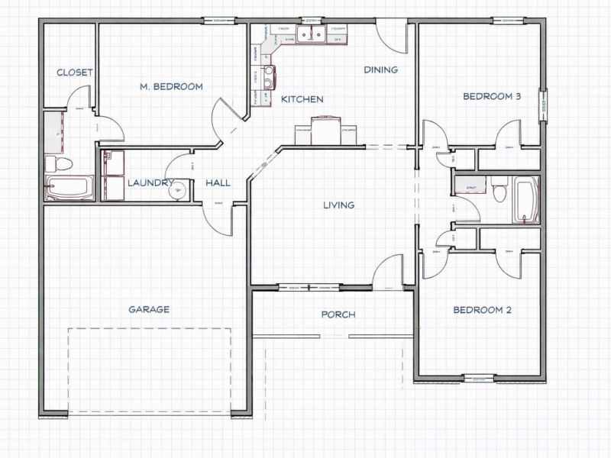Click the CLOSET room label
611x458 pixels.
[75, 73]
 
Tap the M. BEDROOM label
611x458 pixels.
[171, 87]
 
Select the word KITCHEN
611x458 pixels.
[302, 100]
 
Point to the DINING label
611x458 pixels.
[380, 70]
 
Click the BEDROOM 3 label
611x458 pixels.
[493, 97]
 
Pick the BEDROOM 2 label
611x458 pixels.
[482, 310]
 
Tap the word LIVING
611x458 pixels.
[339, 205]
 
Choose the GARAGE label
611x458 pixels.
[149, 310]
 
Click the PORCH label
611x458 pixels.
[338, 314]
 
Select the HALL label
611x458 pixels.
[218, 183]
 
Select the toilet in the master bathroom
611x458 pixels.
[59, 163]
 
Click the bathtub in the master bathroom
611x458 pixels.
[70, 189]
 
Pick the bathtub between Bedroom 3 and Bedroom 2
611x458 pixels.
[526, 200]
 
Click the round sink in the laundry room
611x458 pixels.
[176, 190]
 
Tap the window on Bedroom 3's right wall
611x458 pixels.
[543, 105]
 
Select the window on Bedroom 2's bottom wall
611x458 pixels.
[479, 377]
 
